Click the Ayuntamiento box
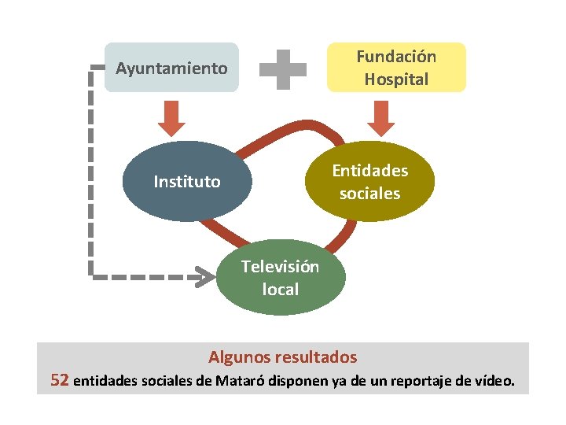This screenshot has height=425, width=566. point(171,68)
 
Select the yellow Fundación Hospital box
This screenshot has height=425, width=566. point(396,68)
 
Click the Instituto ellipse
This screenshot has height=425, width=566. point(187,182)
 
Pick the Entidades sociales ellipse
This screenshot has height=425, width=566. point(369,182)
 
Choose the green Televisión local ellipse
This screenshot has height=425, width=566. point(281,278)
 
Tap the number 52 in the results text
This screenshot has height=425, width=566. point(60,382)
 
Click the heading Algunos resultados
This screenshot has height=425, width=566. point(283,357)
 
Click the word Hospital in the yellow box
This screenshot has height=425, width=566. point(396,79)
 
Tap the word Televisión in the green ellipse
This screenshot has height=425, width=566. point(281,267)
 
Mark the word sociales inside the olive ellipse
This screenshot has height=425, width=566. point(369,194)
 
